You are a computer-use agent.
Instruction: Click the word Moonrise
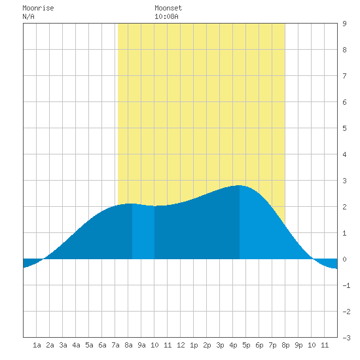click(38, 8)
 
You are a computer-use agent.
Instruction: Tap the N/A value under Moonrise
click(28, 16)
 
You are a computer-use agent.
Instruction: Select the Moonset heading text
click(168, 8)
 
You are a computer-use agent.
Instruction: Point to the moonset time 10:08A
click(166, 16)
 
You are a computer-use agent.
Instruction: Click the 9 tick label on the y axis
click(344, 24)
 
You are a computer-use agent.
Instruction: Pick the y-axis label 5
click(344, 128)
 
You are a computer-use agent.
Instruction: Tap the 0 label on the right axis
click(344, 259)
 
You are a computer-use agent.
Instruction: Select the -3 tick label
click(346, 338)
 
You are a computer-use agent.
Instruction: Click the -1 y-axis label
click(346, 285)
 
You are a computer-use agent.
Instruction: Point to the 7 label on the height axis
click(344, 76)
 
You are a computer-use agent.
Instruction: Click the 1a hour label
click(37, 345)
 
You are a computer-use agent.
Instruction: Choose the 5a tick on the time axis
click(89, 345)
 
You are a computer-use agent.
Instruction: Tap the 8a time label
click(128, 345)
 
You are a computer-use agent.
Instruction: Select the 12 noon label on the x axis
click(181, 345)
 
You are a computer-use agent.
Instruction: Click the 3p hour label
click(220, 345)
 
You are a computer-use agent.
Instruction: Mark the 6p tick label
click(259, 345)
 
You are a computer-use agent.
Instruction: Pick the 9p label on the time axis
click(298, 345)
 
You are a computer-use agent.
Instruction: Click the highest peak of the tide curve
click(239, 185)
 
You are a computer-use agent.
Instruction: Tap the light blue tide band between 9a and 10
click(143, 232)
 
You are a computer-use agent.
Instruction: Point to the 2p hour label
click(207, 345)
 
